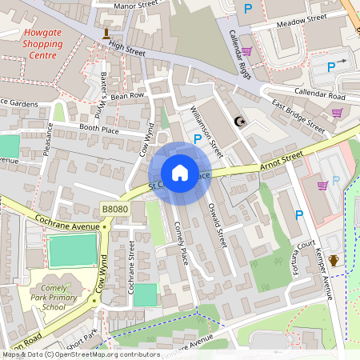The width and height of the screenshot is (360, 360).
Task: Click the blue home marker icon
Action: click(180, 173)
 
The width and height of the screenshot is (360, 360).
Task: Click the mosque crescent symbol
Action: click(238, 122)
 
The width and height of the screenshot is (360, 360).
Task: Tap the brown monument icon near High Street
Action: click(106, 33)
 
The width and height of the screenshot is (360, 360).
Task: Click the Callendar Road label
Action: click(319, 96)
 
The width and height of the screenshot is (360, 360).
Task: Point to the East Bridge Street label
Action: click(297, 116)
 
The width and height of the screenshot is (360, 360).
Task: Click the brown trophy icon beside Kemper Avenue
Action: click(334, 260)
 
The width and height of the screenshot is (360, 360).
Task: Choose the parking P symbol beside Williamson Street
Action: click(197, 138)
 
